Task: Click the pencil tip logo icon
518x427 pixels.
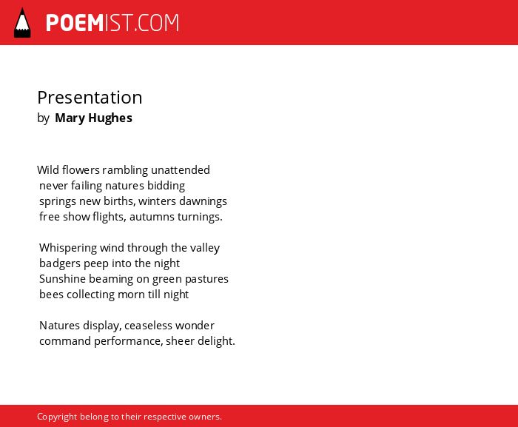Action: pyautogui.click(x=22, y=22)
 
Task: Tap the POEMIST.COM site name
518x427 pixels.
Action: pyautogui.click(x=112, y=23)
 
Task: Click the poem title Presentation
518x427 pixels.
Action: pyautogui.click(x=90, y=98)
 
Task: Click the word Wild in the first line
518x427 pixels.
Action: pyautogui.click(x=48, y=170)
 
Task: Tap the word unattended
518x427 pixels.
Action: pyautogui.click(x=181, y=170)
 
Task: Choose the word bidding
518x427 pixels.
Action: pyautogui.click(x=166, y=186)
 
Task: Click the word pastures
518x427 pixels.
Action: pyautogui.click(x=206, y=279)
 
